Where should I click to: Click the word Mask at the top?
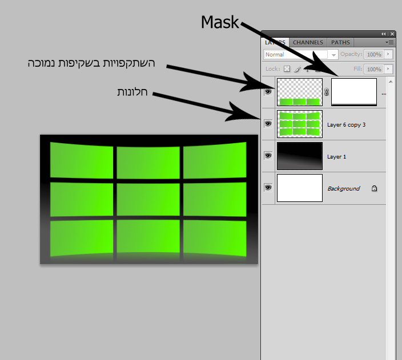220,22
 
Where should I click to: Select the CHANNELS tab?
308,42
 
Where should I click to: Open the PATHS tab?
340,42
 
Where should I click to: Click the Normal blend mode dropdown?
300,55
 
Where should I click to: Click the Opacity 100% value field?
374,55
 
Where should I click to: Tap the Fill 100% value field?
374,69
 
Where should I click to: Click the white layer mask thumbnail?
354,92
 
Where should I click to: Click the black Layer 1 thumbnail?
300,156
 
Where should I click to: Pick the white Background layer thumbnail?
300,188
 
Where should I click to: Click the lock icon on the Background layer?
374,188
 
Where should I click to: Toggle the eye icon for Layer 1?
268,155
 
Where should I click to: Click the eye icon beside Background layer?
268,187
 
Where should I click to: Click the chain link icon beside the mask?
327,92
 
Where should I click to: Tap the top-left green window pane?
81,159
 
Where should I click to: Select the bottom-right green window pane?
215,237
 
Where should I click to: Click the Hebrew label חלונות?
132,91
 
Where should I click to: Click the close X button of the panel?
392,34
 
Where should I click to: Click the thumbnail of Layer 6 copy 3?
300,124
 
